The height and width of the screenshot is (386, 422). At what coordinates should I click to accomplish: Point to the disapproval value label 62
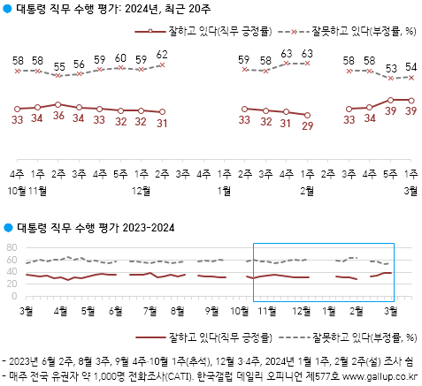click(x=161, y=54)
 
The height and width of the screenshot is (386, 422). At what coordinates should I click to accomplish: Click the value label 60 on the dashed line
click(x=120, y=58)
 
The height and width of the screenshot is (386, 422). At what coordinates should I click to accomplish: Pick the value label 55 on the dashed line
click(x=58, y=66)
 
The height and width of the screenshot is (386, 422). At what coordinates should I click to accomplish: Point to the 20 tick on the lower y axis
click(x=12, y=284)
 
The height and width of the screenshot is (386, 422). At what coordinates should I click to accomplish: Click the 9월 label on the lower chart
click(x=211, y=312)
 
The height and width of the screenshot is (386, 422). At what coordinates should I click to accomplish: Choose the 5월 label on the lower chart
click(x=88, y=312)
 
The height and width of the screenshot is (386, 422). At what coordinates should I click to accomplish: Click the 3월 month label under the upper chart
click(x=412, y=190)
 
